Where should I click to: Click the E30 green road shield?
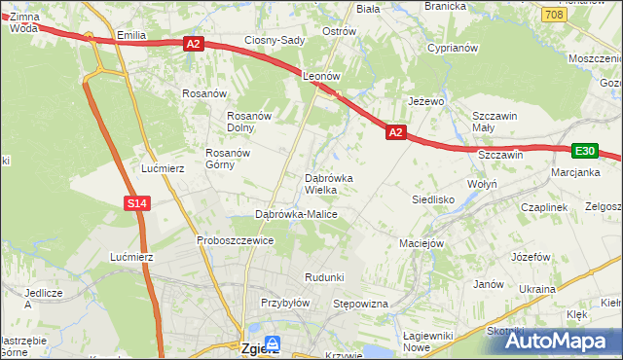point(584,151)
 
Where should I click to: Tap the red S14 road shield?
point(137,202)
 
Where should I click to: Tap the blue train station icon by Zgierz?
point(274,343)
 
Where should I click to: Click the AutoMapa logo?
point(566,340)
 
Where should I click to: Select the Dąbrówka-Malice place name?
point(296,214)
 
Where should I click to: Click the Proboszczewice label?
point(235,240)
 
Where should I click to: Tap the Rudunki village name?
point(324,277)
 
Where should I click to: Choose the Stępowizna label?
point(361,305)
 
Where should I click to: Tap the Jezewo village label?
point(426,101)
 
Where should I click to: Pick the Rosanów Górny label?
point(228,159)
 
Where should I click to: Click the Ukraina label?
point(536,289)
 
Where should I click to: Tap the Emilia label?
point(130,35)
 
